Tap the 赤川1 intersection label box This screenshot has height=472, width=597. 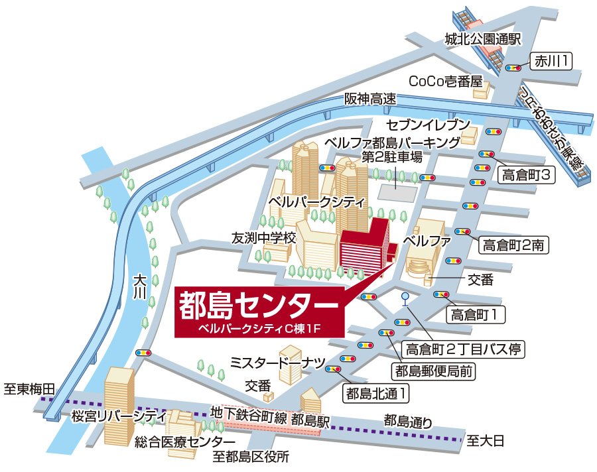pos(551,62)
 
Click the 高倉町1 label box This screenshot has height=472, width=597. pos(475,312)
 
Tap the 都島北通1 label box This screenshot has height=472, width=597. pos(375,393)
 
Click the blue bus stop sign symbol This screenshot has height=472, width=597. pos(405,298)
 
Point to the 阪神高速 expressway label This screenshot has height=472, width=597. pos(369,99)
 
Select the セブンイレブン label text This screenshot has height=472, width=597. pos(429,125)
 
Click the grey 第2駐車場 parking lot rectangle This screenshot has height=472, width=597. pos(398,190)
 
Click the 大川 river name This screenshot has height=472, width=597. pos(139,286)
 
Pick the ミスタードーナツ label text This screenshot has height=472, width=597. pos(277,362)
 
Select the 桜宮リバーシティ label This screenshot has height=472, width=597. pos(119,416)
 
